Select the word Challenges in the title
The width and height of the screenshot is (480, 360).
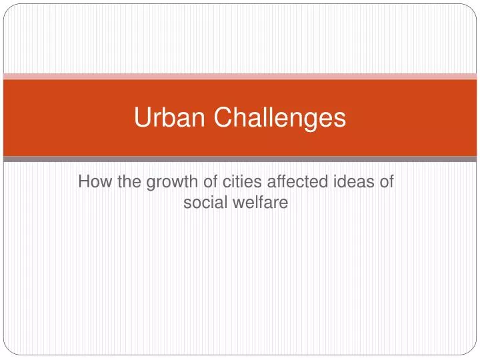(x=280, y=118)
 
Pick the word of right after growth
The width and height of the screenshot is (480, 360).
(x=210, y=181)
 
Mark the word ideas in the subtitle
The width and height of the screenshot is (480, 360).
(x=353, y=181)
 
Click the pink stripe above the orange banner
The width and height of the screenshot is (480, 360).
(x=240, y=77)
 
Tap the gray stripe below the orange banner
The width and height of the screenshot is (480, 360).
(x=240, y=159)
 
